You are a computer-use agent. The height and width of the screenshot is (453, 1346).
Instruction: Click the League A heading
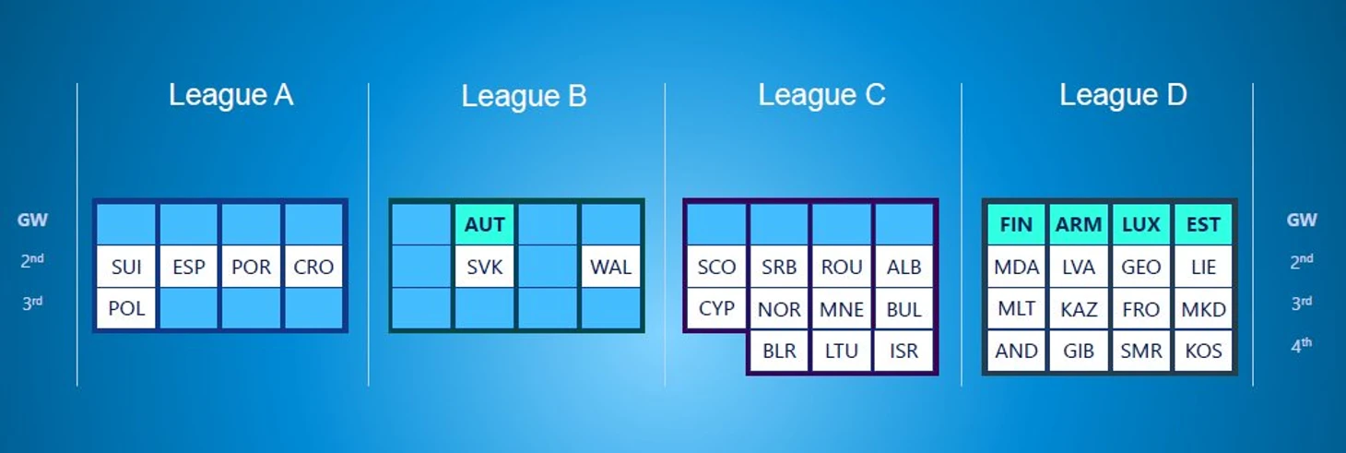tap(230, 95)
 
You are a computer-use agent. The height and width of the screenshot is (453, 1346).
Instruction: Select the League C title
tap(821, 95)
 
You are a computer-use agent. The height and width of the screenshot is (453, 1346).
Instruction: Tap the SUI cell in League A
tap(126, 268)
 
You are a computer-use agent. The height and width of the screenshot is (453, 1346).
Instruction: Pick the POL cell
tap(126, 308)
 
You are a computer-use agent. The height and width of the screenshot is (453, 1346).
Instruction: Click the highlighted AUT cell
tap(484, 225)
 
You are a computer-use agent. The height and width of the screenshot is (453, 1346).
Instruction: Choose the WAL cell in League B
tap(610, 268)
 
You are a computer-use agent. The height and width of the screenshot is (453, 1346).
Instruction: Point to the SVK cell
tap(484, 268)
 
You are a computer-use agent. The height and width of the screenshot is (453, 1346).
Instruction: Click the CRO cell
tap(313, 268)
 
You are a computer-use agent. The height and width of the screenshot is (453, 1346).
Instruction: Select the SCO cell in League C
tap(716, 268)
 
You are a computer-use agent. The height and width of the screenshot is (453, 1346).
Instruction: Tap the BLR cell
tap(779, 351)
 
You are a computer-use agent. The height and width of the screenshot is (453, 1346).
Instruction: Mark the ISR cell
tap(903, 351)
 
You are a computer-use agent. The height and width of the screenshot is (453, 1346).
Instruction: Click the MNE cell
tap(841, 309)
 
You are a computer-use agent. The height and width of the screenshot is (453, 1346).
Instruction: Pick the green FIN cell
tap(1016, 225)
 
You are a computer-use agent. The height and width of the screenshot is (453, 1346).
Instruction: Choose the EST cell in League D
tap(1203, 225)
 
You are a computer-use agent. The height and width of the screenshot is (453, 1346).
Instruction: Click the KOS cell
tap(1203, 351)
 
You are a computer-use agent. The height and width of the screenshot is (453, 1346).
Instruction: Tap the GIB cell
tap(1079, 351)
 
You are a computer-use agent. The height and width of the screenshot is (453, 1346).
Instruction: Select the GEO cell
tap(1140, 268)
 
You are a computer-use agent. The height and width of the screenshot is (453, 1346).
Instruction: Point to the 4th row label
tap(1301, 345)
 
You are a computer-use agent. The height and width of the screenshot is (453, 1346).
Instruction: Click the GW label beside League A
tap(32, 221)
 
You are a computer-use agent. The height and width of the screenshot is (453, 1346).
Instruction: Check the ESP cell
tap(189, 268)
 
